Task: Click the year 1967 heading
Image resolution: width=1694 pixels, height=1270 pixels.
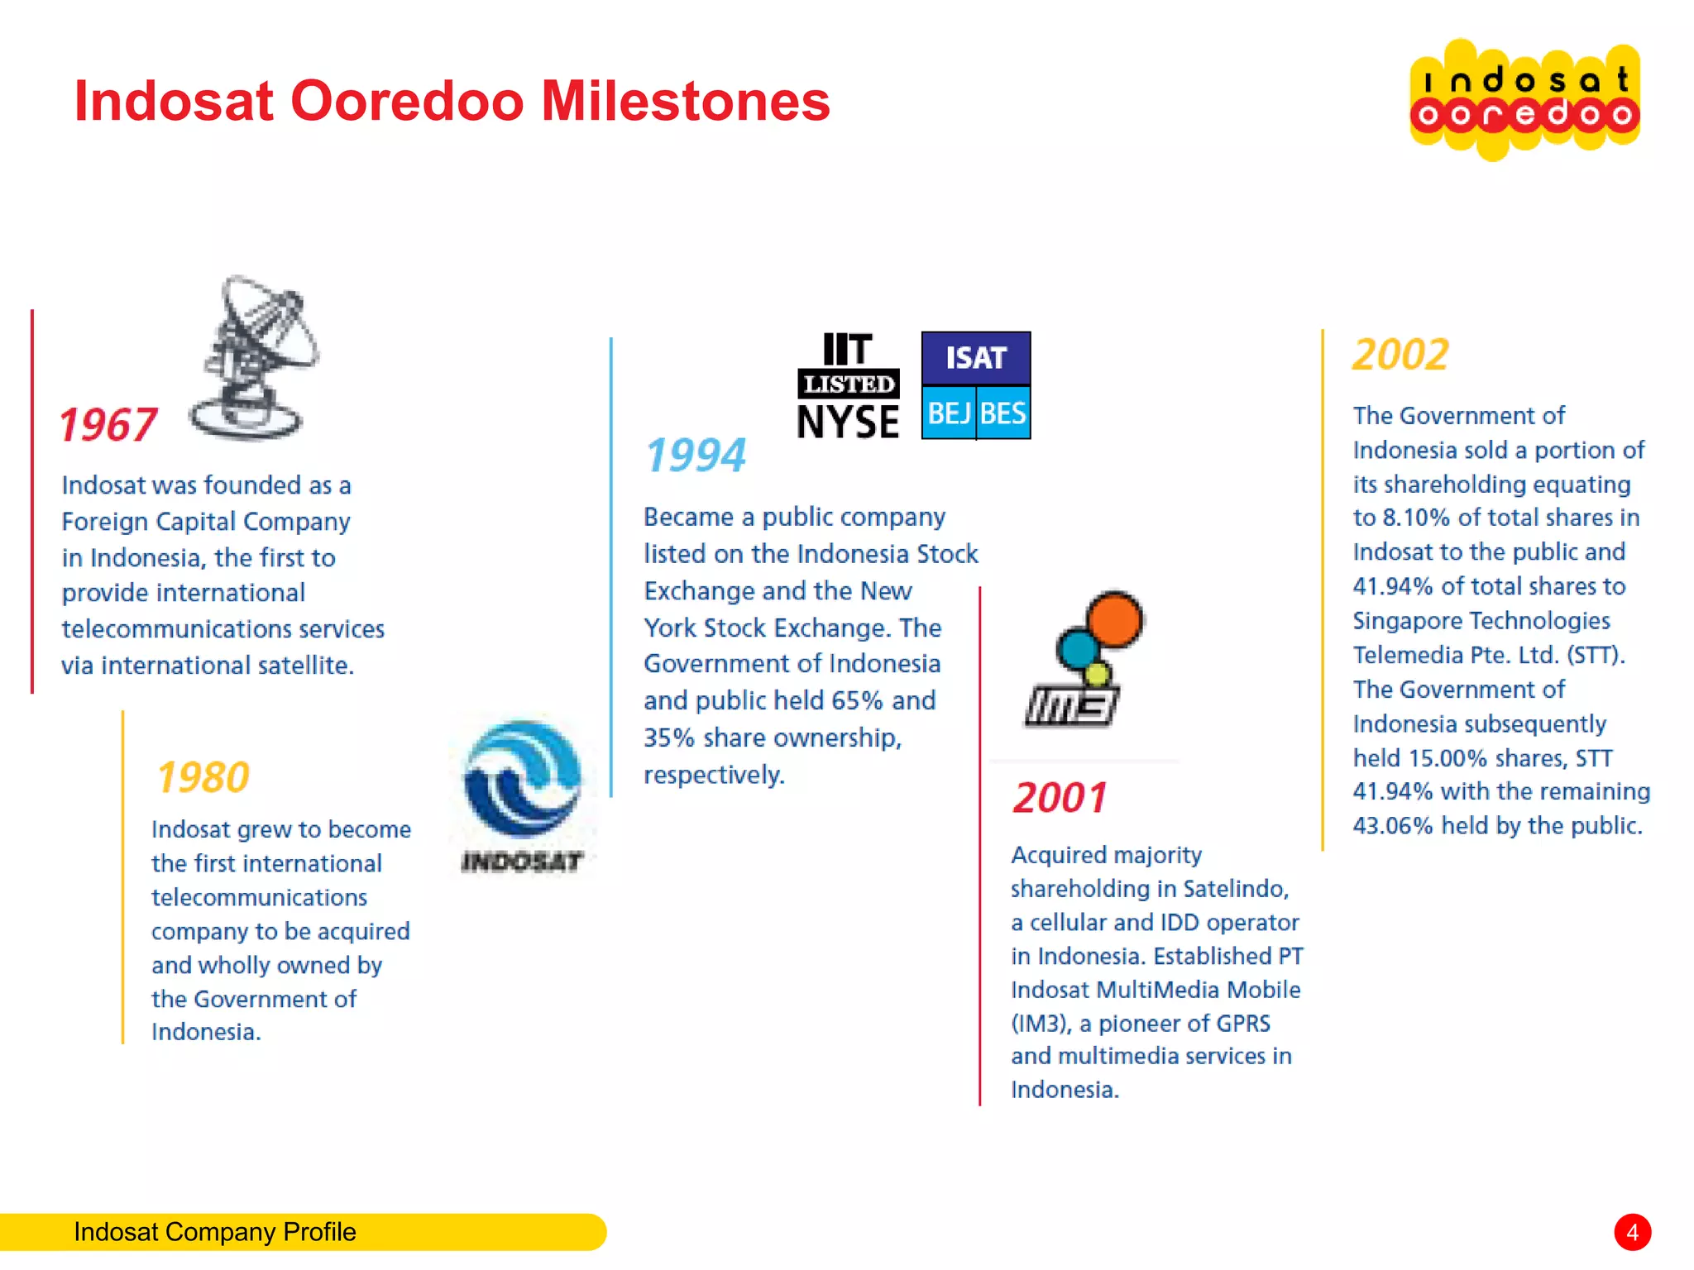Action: tap(108, 425)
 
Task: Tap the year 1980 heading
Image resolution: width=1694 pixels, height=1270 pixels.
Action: tap(203, 777)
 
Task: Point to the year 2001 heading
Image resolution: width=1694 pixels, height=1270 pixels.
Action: tap(1060, 798)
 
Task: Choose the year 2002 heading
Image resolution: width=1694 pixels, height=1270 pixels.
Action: tap(1400, 355)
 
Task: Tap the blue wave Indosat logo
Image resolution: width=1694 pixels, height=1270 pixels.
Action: tap(523, 780)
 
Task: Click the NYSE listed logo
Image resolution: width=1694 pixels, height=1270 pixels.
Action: tap(848, 386)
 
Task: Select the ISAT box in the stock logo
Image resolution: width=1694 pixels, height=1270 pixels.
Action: tap(976, 358)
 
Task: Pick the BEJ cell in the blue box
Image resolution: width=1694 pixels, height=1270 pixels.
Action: tap(949, 413)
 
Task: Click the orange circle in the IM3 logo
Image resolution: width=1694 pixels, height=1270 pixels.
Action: tap(1114, 619)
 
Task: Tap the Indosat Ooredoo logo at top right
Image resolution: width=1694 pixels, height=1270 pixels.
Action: tap(1524, 99)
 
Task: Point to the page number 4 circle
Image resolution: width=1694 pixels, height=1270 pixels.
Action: tap(1632, 1233)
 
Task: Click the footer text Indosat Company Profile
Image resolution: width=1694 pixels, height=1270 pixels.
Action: tap(215, 1232)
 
